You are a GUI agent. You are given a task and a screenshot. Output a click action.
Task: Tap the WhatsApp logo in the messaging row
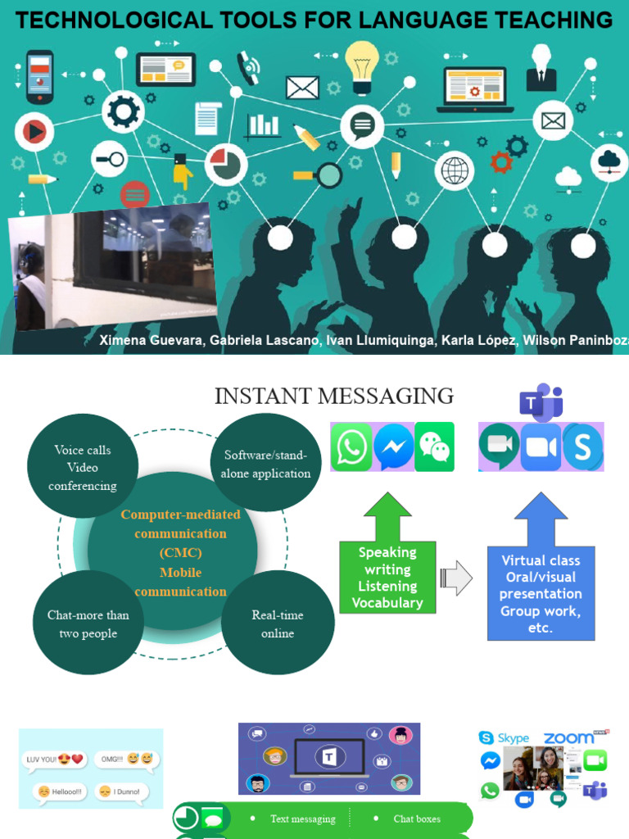pyautogui.click(x=351, y=447)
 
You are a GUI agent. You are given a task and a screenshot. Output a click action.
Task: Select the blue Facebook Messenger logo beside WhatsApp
pyautogui.click(x=393, y=447)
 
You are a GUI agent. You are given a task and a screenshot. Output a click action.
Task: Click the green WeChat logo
pyautogui.click(x=434, y=447)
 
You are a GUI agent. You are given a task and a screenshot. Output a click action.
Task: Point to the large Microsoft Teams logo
pyautogui.click(x=541, y=403)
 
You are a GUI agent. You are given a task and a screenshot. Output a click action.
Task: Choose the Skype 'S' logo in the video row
pyautogui.click(x=583, y=447)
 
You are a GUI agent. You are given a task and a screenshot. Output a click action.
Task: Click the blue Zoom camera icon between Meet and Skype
pyautogui.click(x=541, y=447)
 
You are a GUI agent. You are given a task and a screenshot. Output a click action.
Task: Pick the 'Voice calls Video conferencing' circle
pyautogui.click(x=83, y=467)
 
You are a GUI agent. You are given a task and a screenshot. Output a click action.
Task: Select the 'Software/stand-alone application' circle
pyautogui.click(x=266, y=464)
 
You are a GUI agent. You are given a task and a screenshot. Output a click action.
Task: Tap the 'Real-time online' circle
pyautogui.click(x=278, y=624)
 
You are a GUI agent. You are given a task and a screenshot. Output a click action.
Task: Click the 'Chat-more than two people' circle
pyautogui.click(x=88, y=624)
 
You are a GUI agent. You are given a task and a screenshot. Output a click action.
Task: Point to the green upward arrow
pyautogui.click(x=387, y=516)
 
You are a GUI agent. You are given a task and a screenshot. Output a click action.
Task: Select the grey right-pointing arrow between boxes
pyautogui.click(x=456, y=578)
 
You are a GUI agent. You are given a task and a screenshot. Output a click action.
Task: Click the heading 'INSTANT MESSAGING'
pyautogui.click(x=334, y=397)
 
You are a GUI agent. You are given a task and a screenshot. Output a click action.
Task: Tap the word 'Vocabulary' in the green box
pyautogui.click(x=387, y=603)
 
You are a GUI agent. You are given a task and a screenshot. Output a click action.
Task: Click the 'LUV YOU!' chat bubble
pyautogui.click(x=55, y=760)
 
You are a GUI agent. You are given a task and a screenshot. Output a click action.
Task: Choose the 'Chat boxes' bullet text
pyautogui.click(x=416, y=819)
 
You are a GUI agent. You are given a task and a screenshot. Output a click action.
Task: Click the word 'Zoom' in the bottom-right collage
pyautogui.click(x=568, y=738)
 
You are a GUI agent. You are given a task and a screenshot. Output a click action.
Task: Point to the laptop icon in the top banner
pyautogui.click(x=475, y=88)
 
